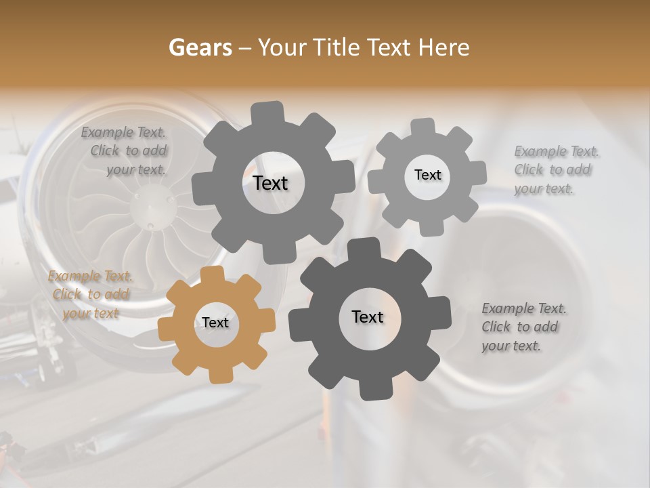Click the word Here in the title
[x=445, y=47]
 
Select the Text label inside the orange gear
[x=215, y=323]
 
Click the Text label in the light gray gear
[x=427, y=175]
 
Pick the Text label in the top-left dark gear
[x=271, y=183]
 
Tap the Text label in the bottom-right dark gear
[x=368, y=317]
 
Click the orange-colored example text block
[x=91, y=295]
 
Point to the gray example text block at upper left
[x=124, y=151]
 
